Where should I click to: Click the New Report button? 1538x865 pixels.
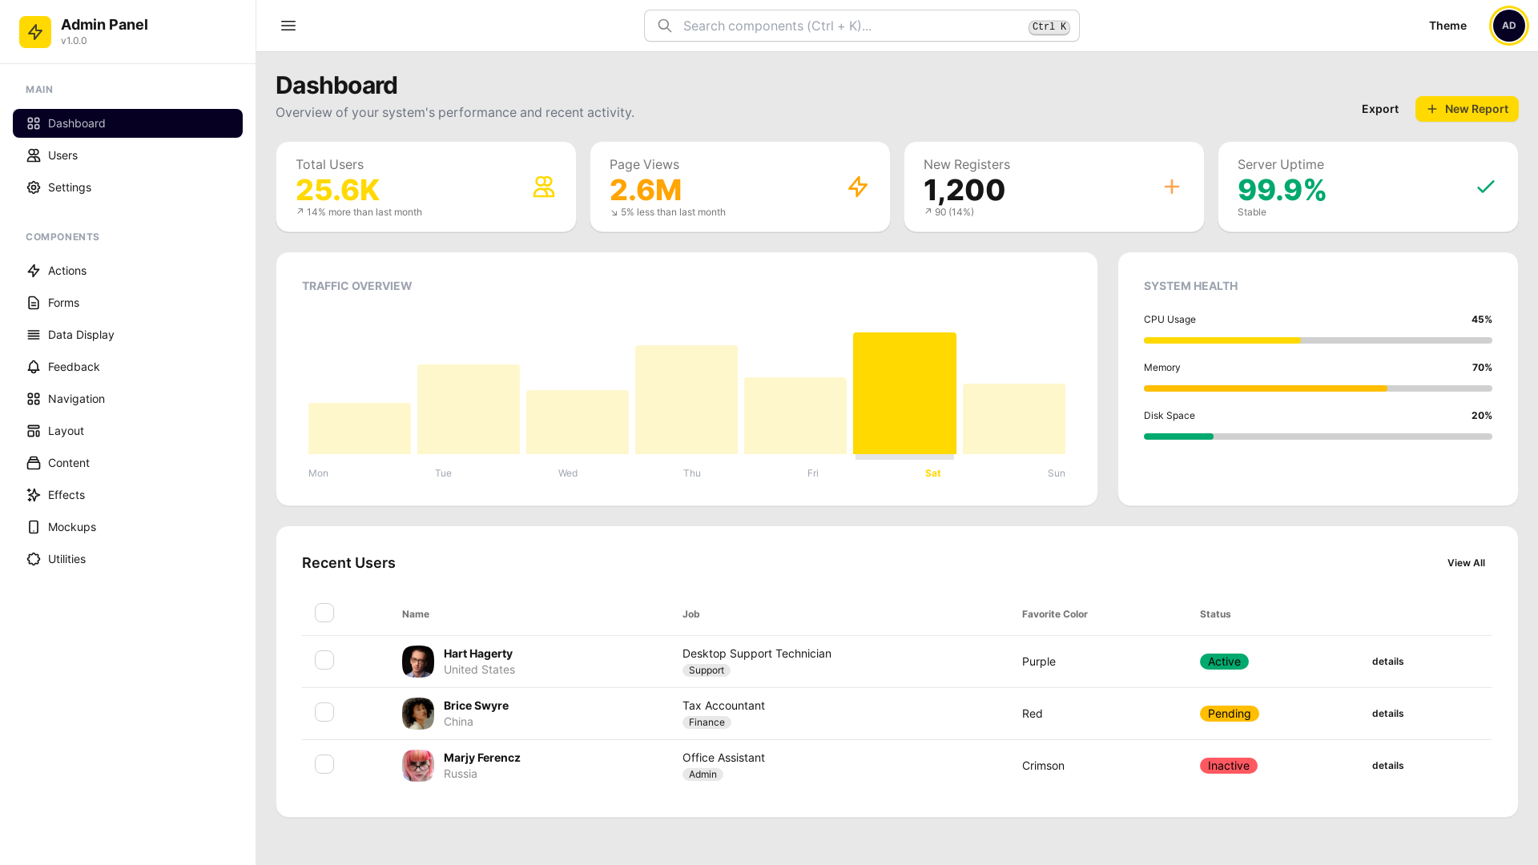[x=1466, y=109]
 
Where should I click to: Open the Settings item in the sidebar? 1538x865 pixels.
[x=70, y=187]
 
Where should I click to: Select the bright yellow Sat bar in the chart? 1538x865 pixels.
[x=904, y=393]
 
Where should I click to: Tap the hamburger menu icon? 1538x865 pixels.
[x=288, y=26]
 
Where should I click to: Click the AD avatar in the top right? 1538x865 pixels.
[x=1508, y=26]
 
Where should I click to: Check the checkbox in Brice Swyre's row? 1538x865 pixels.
[x=324, y=712]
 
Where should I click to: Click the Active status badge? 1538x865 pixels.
[x=1224, y=662]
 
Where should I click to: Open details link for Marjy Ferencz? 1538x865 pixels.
[x=1387, y=766]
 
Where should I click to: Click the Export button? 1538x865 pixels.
[x=1379, y=109]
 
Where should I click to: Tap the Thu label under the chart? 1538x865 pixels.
[x=692, y=473]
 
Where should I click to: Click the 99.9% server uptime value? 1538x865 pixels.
[x=1282, y=190]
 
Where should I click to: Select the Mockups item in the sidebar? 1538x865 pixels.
[x=71, y=527]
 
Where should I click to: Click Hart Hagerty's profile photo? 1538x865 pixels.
[x=418, y=662]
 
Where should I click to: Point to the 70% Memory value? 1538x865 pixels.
[x=1481, y=368]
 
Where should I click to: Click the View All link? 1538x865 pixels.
[x=1465, y=563]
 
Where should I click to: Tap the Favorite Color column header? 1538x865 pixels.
[x=1054, y=614]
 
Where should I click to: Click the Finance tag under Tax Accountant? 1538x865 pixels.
[x=707, y=722]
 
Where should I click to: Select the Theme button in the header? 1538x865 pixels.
[x=1447, y=26]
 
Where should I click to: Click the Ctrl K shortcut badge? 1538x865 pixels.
[x=1049, y=27]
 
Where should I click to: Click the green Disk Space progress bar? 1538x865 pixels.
[x=1178, y=437]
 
